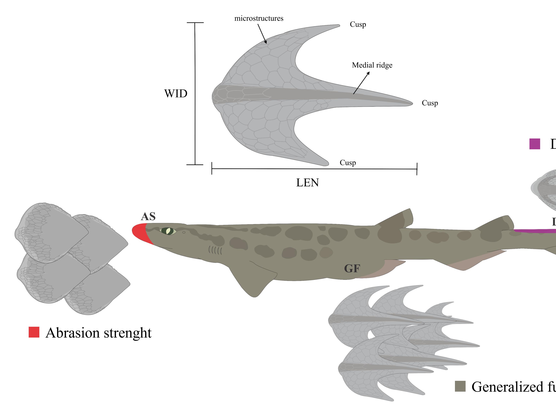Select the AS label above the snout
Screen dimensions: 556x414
click(148, 217)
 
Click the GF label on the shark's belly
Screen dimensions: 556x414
click(352, 268)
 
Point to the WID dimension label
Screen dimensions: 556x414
click(176, 94)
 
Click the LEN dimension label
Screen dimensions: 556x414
click(308, 183)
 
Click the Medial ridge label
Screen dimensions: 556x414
click(372, 65)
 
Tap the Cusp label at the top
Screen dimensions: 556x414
click(358, 25)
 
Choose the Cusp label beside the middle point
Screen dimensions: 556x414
click(430, 103)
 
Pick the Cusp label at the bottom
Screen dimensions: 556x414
click(348, 163)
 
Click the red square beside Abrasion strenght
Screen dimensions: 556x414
click(34, 332)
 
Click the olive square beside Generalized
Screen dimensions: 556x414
click(460, 386)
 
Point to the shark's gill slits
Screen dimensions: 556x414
click(215, 250)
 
